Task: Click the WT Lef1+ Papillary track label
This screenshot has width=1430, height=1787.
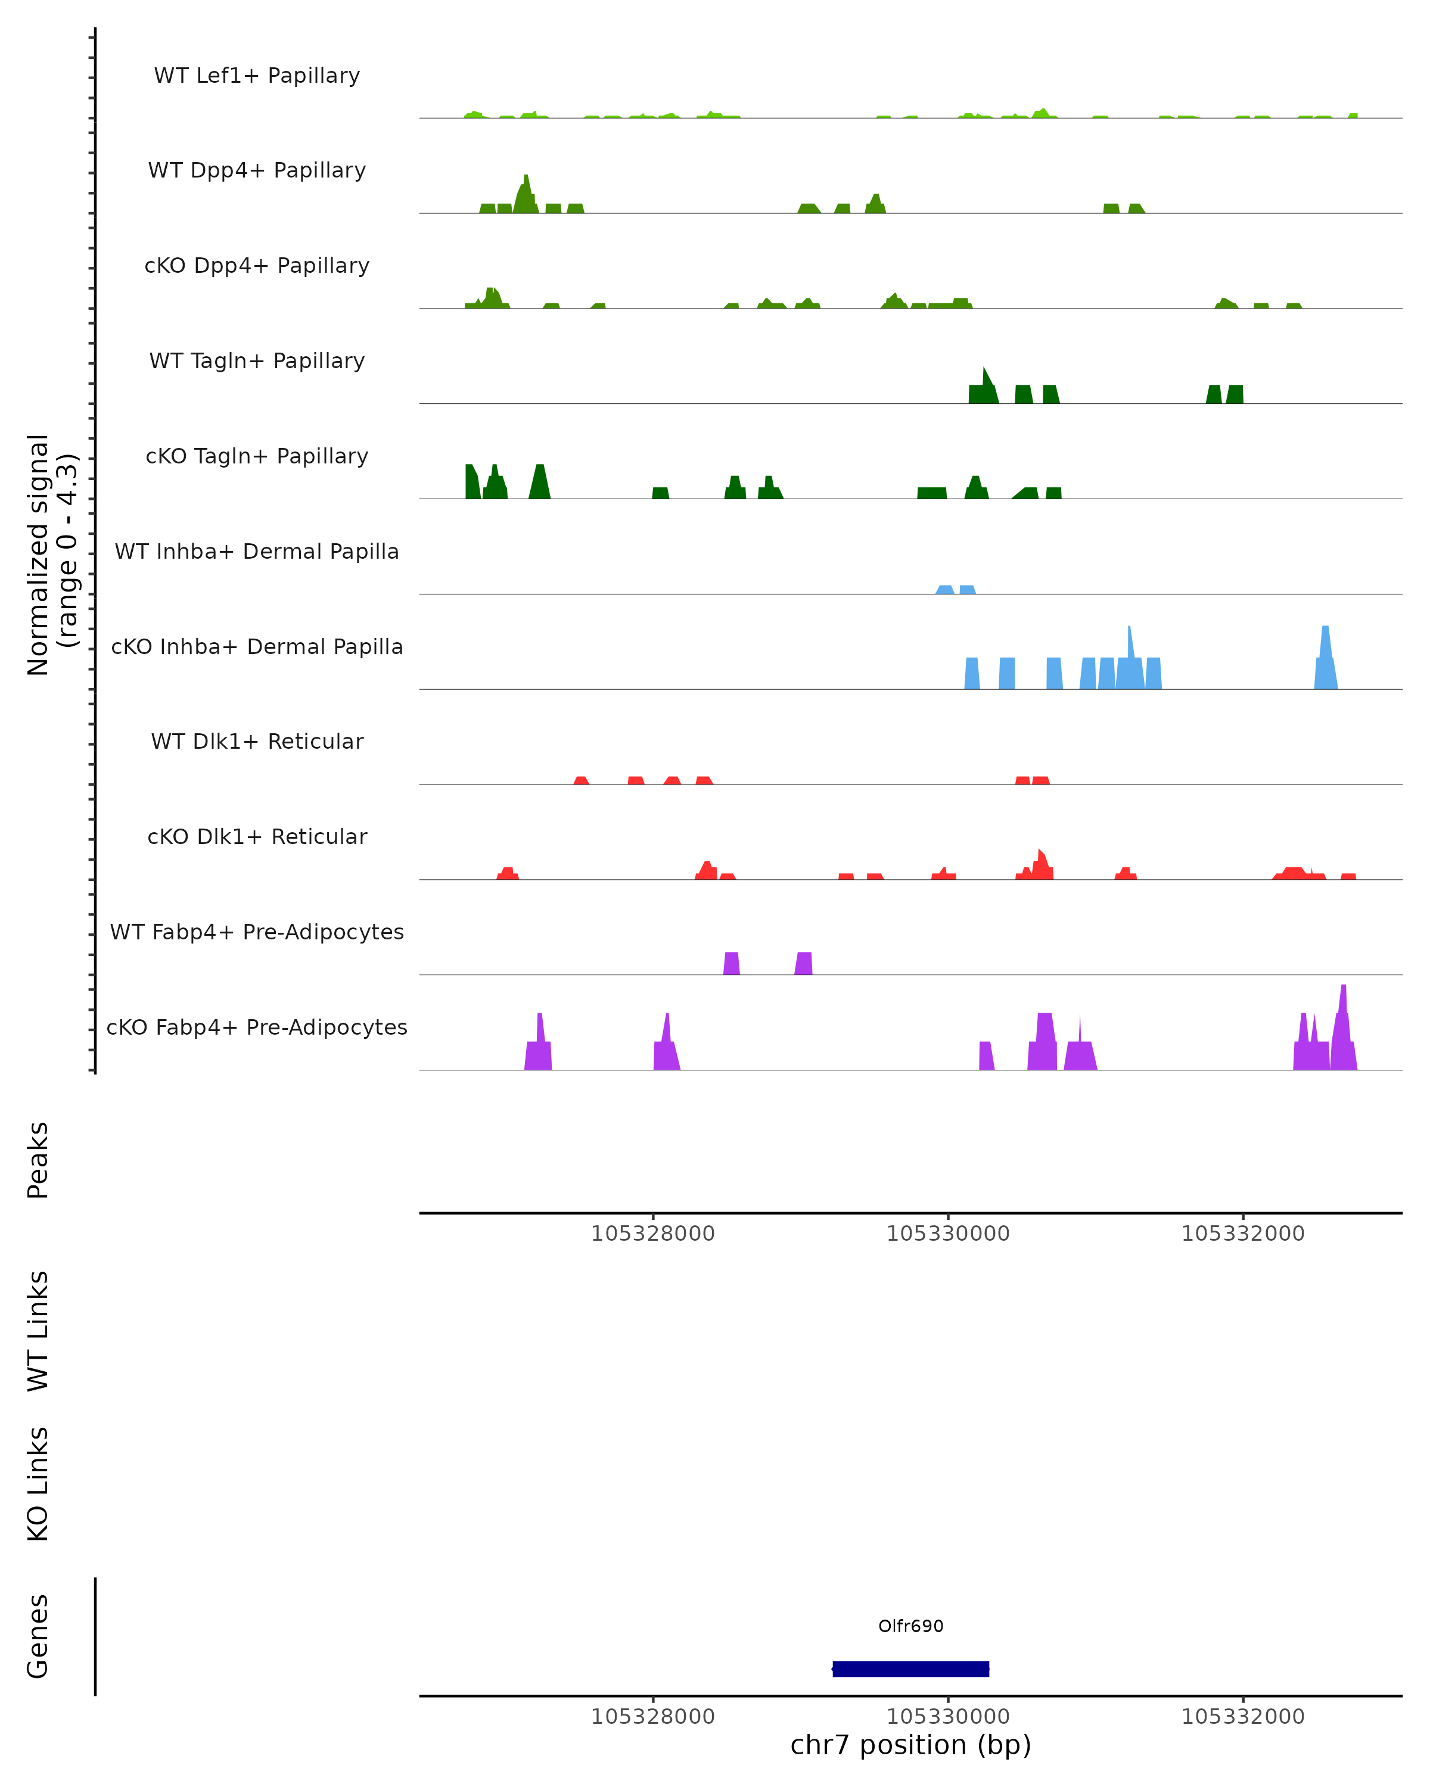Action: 257,76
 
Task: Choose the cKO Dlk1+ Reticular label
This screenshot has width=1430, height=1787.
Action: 257,836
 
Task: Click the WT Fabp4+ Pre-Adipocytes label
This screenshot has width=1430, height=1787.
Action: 257,932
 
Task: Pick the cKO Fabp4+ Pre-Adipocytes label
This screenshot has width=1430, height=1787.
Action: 257,1027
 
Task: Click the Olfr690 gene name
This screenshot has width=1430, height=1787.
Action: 910,1626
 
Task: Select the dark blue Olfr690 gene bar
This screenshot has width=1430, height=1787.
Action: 910,1668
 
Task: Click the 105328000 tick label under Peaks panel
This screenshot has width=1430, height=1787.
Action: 652,1234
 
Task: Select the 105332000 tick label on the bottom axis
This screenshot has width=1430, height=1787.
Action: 1243,1717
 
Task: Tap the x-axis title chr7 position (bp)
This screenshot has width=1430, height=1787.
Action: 910,1745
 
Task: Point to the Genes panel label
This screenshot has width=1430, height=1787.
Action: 38,1636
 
